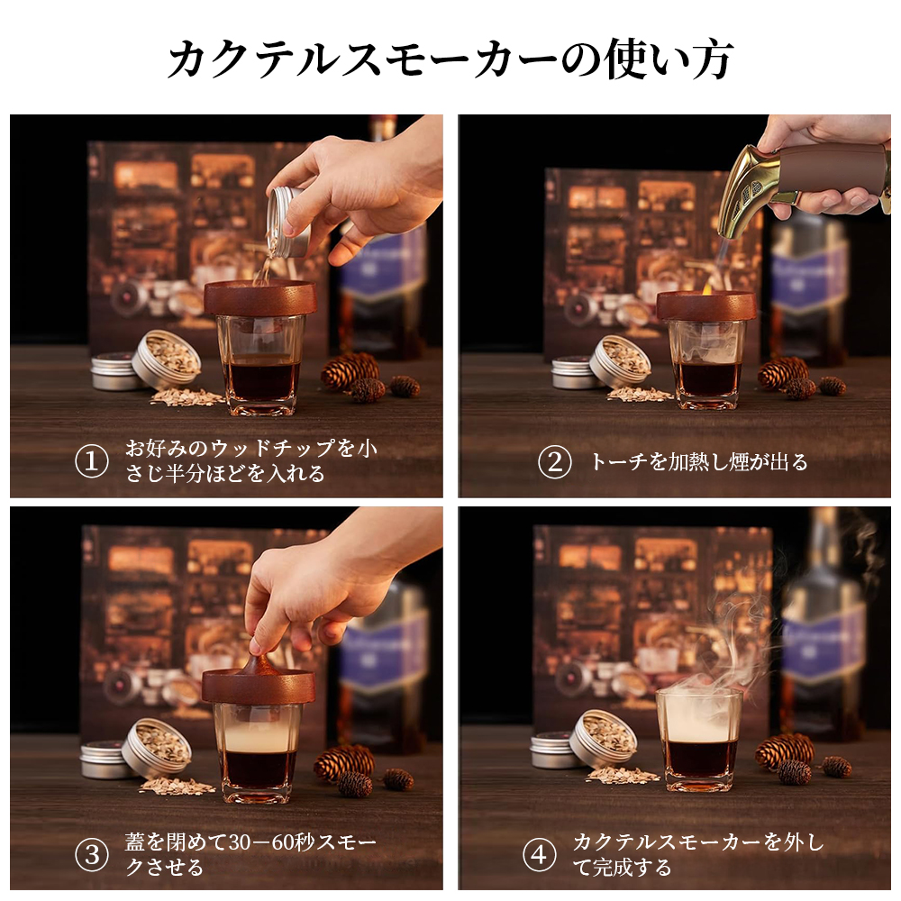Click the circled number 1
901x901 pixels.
(x=92, y=460)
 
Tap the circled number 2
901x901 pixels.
(x=554, y=462)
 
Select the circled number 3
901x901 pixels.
(x=92, y=854)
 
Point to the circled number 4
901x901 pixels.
(x=539, y=854)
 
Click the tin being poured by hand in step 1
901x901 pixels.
(x=287, y=222)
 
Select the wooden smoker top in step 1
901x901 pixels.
(x=260, y=296)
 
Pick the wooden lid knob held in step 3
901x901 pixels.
(x=259, y=666)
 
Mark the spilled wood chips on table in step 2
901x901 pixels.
(x=639, y=395)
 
